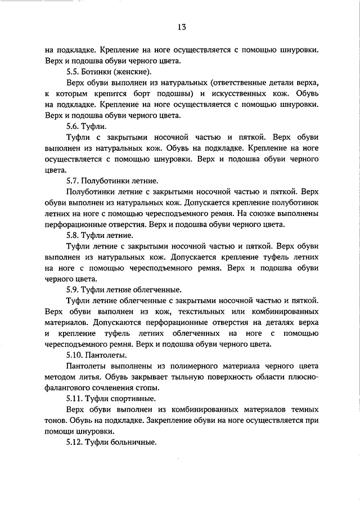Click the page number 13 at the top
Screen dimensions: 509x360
click(x=181, y=26)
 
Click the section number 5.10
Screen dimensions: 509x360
click(x=75, y=355)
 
